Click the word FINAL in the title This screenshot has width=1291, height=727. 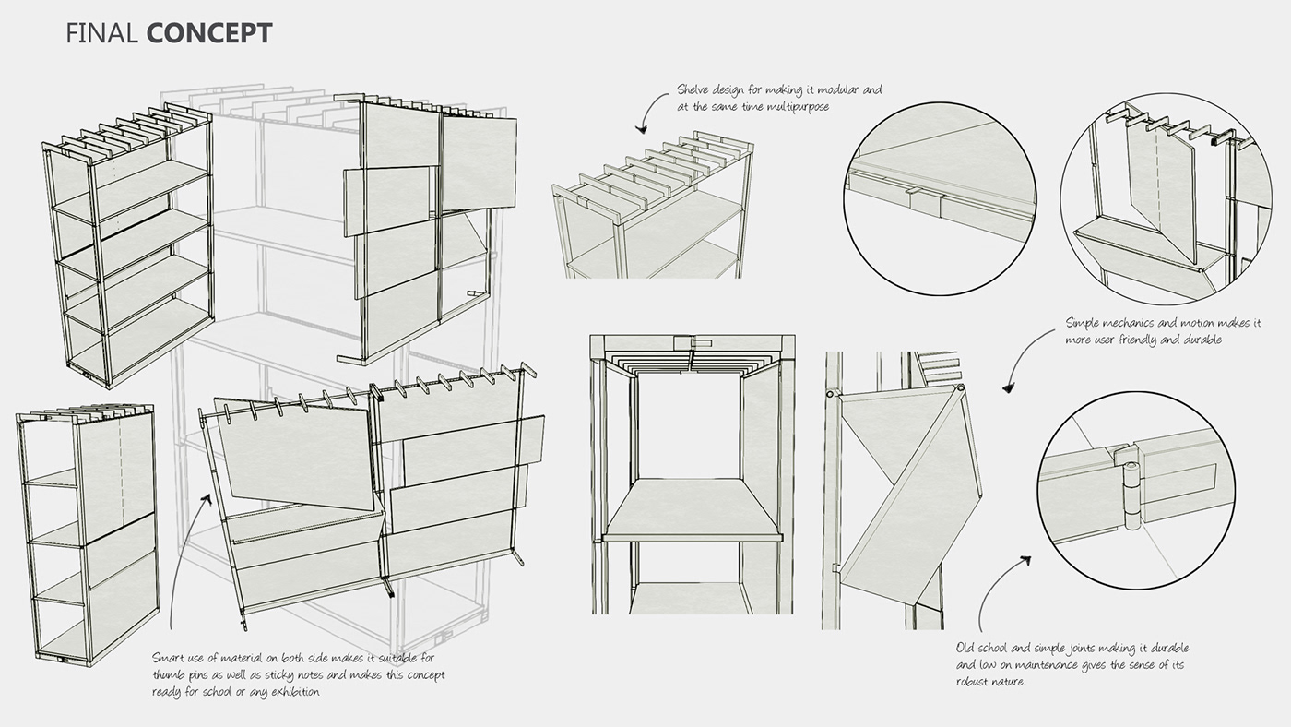click(x=102, y=34)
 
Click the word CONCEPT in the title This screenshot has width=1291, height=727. click(x=208, y=34)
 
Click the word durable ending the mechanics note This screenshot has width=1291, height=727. click(x=1201, y=340)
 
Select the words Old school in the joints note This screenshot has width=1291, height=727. click(x=988, y=649)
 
